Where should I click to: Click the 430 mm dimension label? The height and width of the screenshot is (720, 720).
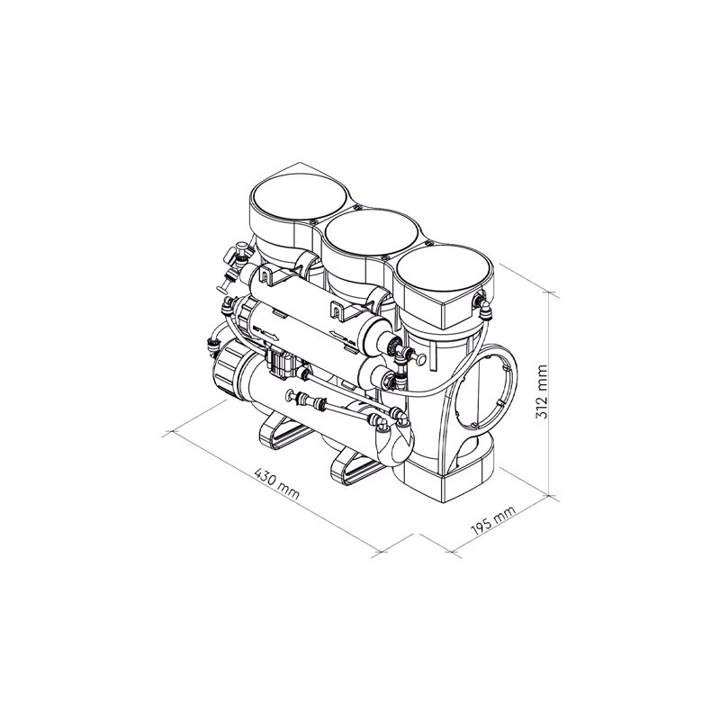point(276,484)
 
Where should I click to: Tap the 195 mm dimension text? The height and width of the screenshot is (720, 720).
point(493,520)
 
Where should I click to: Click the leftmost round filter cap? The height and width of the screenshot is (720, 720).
point(299,197)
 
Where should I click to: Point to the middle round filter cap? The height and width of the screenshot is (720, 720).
point(371,232)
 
